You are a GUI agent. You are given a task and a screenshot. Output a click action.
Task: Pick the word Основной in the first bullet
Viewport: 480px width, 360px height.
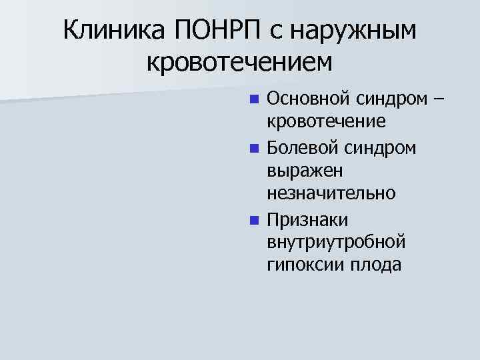tap(309, 99)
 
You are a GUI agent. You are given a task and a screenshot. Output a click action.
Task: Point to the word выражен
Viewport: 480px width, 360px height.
tap(305, 171)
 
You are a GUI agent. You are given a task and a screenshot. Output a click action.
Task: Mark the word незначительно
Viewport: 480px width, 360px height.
tap(331, 194)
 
